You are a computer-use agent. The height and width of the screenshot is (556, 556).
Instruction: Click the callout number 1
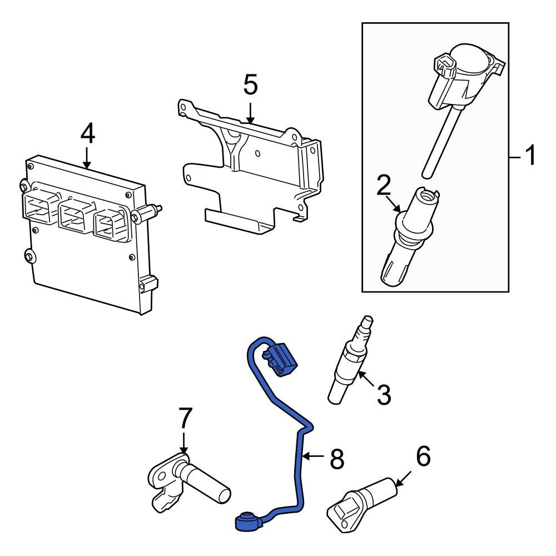(530, 156)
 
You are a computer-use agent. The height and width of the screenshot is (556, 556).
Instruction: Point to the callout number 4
(87, 133)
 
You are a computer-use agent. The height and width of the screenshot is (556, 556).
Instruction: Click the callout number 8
(337, 459)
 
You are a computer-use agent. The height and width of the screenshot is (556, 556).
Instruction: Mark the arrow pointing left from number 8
(314, 457)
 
